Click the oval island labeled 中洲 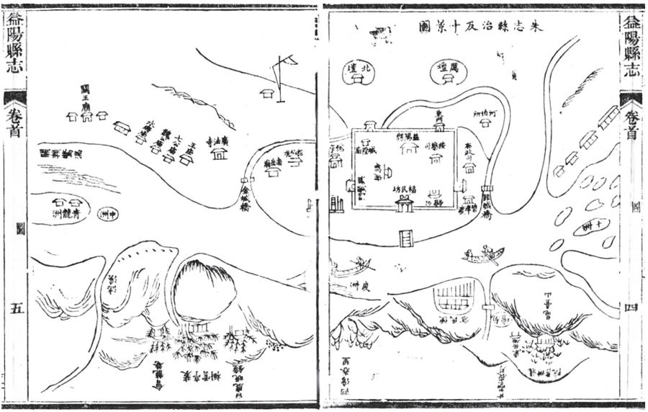tap(106, 214)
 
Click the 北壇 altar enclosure tap(358, 72)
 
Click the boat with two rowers tap(484, 254)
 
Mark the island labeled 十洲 tap(593, 227)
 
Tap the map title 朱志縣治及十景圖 tap(480, 27)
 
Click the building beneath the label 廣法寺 tap(219, 154)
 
